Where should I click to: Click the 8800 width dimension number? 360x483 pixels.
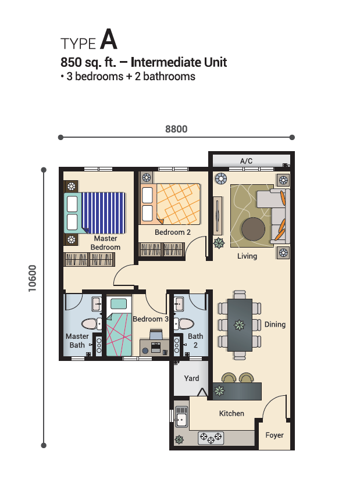(x=176, y=129)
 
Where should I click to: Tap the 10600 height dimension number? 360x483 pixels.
(x=32, y=278)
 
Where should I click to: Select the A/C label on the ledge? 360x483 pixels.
(x=246, y=161)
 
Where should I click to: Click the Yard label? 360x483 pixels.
(x=191, y=378)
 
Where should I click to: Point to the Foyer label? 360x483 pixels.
(x=275, y=435)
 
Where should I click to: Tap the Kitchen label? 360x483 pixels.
(x=231, y=413)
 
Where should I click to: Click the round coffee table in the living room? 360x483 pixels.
(x=254, y=229)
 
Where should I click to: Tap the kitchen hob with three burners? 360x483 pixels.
(x=211, y=438)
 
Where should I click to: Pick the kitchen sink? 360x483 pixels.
(x=181, y=417)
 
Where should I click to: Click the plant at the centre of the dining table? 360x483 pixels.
(x=240, y=325)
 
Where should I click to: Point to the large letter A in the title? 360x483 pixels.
(x=109, y=39)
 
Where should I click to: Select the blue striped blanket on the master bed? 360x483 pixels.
(x=104, y=213)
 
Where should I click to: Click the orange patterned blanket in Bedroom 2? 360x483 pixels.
(x=179, y=204)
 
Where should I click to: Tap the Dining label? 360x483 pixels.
(x=275, y=324)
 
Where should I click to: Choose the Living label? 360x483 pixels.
(x=247, y=256)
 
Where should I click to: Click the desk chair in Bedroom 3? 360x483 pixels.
(x=156, y=334)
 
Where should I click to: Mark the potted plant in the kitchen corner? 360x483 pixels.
(x=179, y=439)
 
